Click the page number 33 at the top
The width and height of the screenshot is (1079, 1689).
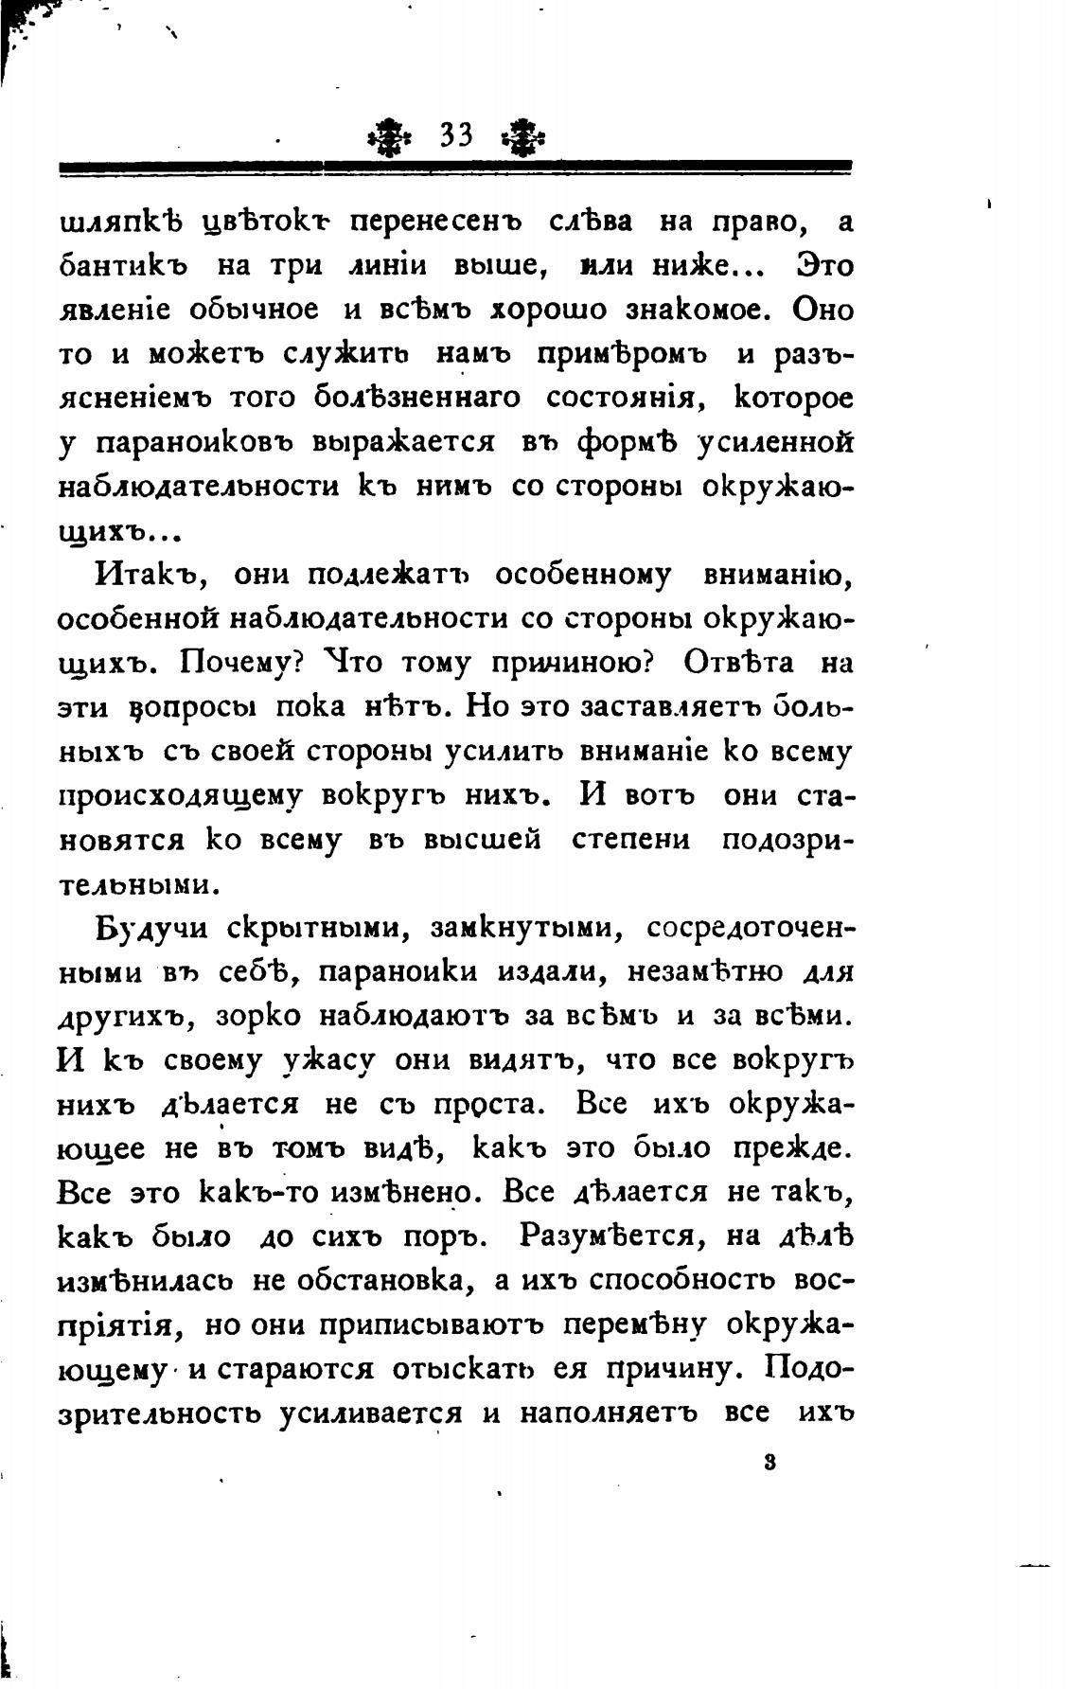[x=456, y=135]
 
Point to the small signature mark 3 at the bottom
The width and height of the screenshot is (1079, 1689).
[x=769, y=1461]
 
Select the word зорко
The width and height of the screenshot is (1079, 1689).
[x=257, y=1016]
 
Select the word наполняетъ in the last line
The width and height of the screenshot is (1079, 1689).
[x=609, y=1413]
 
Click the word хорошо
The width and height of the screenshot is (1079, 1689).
[x=549, y=311]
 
